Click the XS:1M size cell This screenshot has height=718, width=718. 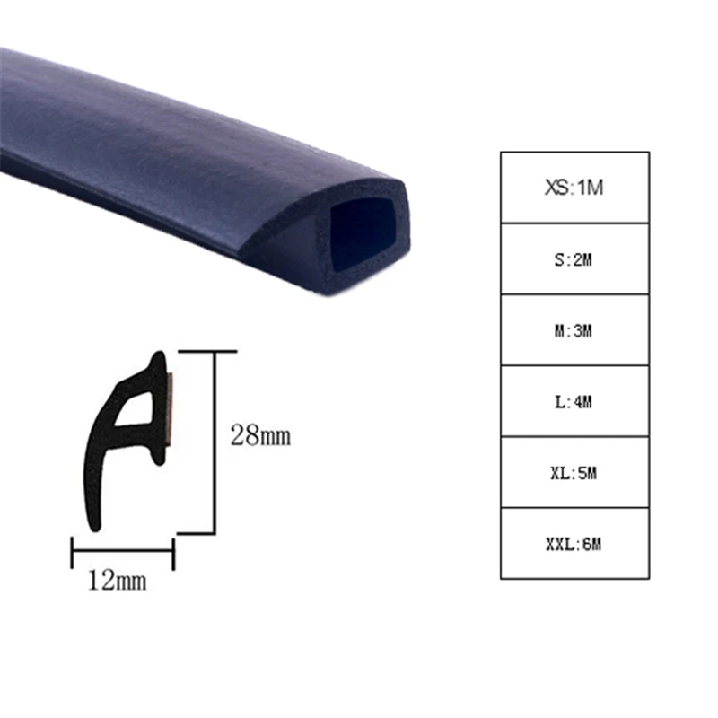click(x=574, y=188)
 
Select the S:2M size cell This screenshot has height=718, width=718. click(x=574, y=258)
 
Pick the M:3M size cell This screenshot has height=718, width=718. click(x=574, y=329)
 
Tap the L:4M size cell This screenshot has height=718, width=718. click(x=574, y=401)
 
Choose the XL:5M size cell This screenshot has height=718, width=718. click(x=574, y=472)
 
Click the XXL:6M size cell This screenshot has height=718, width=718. click(x=574, y=543)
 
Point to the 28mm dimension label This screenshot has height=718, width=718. click(x=261, y=437)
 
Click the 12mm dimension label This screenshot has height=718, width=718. click(x=117, y=581)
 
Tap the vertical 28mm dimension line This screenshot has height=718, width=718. click(x=215, y=440)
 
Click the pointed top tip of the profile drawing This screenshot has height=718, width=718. click(x=158, y=356)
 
